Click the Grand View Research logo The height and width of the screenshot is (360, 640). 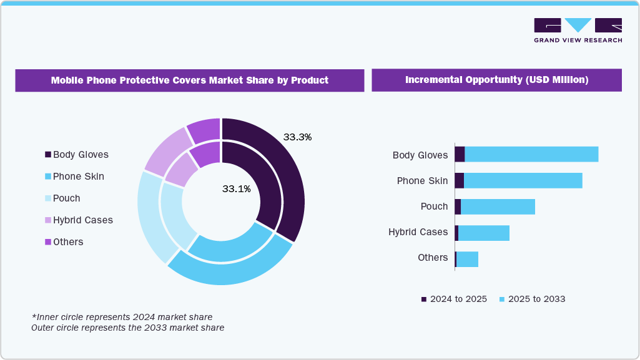[x=578, y=30]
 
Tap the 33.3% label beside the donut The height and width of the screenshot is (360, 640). [x=297, y=137]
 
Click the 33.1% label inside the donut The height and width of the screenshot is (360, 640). [x=237, y=188]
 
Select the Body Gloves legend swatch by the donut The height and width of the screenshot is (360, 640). [x=48, y=155]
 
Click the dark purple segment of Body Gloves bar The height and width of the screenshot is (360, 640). [x=460, y=154]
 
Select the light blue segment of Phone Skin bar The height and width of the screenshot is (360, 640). [x=523, y=180]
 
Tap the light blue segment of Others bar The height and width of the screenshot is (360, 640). [x=467, y=260]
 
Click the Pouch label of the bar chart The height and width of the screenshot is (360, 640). [x=434, y=207]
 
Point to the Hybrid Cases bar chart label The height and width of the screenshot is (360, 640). [x=418, y=232]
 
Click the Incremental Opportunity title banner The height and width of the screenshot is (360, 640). [x=496, y=80]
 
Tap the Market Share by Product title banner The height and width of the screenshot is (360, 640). [x=189, y=80]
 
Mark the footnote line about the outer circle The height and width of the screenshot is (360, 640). [x=127, y=327]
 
